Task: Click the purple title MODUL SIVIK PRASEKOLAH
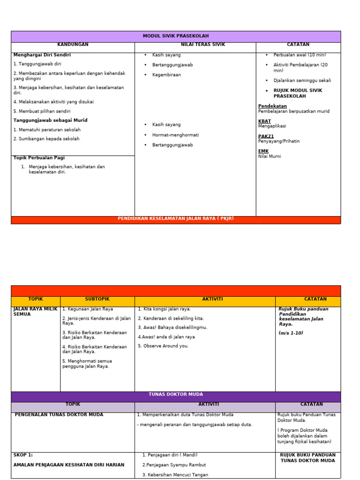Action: click(176, 36)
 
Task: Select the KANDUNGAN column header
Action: click(73, 45)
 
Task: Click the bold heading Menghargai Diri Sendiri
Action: click(42, 55)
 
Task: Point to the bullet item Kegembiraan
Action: click(166, 75)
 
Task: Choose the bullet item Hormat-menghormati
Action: click(175, 135)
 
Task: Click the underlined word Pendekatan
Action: click(272, 106)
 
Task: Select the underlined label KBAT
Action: click(264, 121)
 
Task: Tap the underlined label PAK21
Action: click(266, 136)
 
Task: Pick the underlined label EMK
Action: click(263, 151)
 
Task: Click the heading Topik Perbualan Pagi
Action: click(39, 158)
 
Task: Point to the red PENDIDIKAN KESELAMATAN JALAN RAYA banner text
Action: click(176, 219)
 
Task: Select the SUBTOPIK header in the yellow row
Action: click(97, 299)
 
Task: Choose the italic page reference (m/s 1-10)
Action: click(291, 333)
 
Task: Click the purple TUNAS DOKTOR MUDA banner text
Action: click(176, 395)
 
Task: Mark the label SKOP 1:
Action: click(23, 455)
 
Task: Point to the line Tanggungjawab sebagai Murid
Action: click(50, 120)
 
